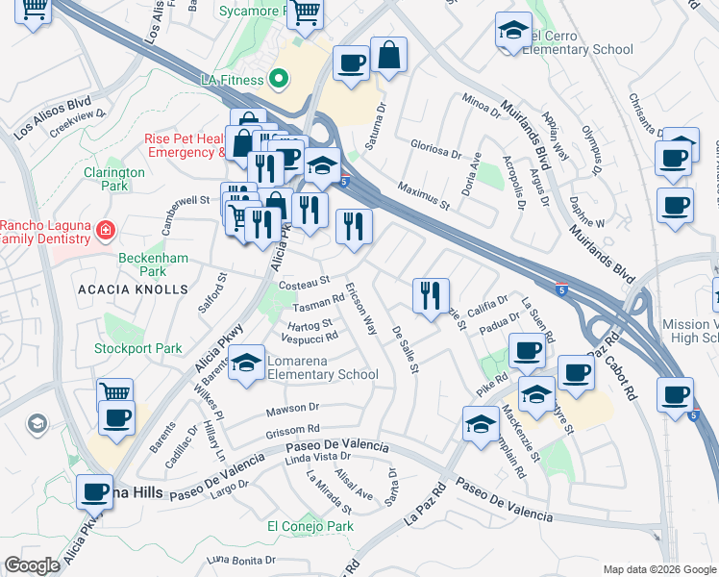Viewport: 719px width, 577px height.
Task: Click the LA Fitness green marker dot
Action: click(280, 78)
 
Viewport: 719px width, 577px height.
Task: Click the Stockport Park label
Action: click(138, 348)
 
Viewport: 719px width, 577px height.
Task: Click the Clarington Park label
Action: click(113, 179)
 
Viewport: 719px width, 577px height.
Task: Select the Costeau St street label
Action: click(303, 285)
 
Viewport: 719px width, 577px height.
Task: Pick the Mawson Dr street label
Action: click(291, 412)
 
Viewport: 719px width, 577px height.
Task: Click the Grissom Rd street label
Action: click(292, 429)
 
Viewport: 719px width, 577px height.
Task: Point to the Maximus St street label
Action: click(424, 192)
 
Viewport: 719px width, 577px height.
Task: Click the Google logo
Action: click(33, 565)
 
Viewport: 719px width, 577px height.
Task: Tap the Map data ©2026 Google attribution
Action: click(658, 569)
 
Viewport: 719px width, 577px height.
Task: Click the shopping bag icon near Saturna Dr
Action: click(389, 57)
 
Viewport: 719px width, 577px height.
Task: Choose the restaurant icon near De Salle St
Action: click(431, 294)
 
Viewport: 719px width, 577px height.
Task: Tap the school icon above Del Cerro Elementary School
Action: click(514, 31)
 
